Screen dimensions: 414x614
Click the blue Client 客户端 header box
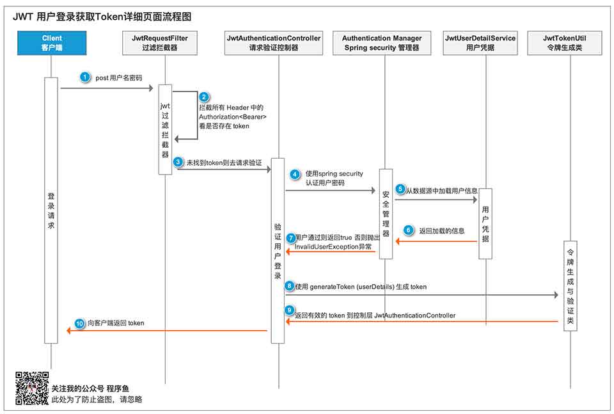pos(52,43)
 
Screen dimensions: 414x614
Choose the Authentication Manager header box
pos(382,43)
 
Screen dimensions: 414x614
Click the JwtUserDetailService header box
pos(480,43)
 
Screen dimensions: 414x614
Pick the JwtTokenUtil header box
pos(565,43)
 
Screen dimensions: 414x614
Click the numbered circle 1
pos(85,77)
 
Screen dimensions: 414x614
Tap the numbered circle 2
pos(204,97)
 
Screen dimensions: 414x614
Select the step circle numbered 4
pos(295,174)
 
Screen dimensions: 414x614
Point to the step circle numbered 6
pos(408,230)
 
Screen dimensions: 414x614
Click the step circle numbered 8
pos(290,286)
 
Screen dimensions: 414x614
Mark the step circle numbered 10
pos(79,323)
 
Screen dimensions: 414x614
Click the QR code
pos(32,388)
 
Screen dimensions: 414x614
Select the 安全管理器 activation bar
pos(386,214)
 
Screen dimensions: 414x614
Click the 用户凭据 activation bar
pos(485,223)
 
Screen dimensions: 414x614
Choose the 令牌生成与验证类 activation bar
pos(571,285)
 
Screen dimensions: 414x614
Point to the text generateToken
pos(337,287)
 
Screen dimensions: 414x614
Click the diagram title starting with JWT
pos(102,17)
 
